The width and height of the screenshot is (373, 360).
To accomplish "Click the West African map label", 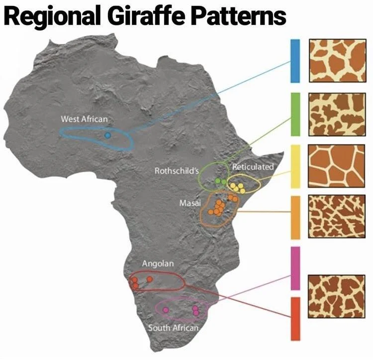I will click(84, 119).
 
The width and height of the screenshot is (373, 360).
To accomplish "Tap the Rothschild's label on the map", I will click(177, 171).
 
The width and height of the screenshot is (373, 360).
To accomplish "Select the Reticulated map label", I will click(253, 167).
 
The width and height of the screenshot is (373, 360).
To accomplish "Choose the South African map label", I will click(173, 328).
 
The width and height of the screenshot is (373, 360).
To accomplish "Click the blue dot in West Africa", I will click(107, 135).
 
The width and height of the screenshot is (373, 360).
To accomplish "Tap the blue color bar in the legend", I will click(295, 61).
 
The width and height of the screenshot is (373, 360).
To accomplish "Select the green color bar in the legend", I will click(295, 114).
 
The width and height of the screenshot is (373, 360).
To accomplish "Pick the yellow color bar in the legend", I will click(295, 166).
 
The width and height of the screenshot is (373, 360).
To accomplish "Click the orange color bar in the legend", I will click(295, 218).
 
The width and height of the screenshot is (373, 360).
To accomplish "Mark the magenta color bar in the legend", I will click(295, 268).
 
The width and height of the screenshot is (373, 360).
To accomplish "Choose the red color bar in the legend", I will click(295, 319).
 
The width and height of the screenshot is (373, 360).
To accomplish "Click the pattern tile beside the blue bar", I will click(337, 61).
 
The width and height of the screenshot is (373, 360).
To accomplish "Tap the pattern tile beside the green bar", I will click(337, 114).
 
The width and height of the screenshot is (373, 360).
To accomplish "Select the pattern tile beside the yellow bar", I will click(337, 166).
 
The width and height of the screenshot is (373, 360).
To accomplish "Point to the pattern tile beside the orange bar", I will click(337, 217).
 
